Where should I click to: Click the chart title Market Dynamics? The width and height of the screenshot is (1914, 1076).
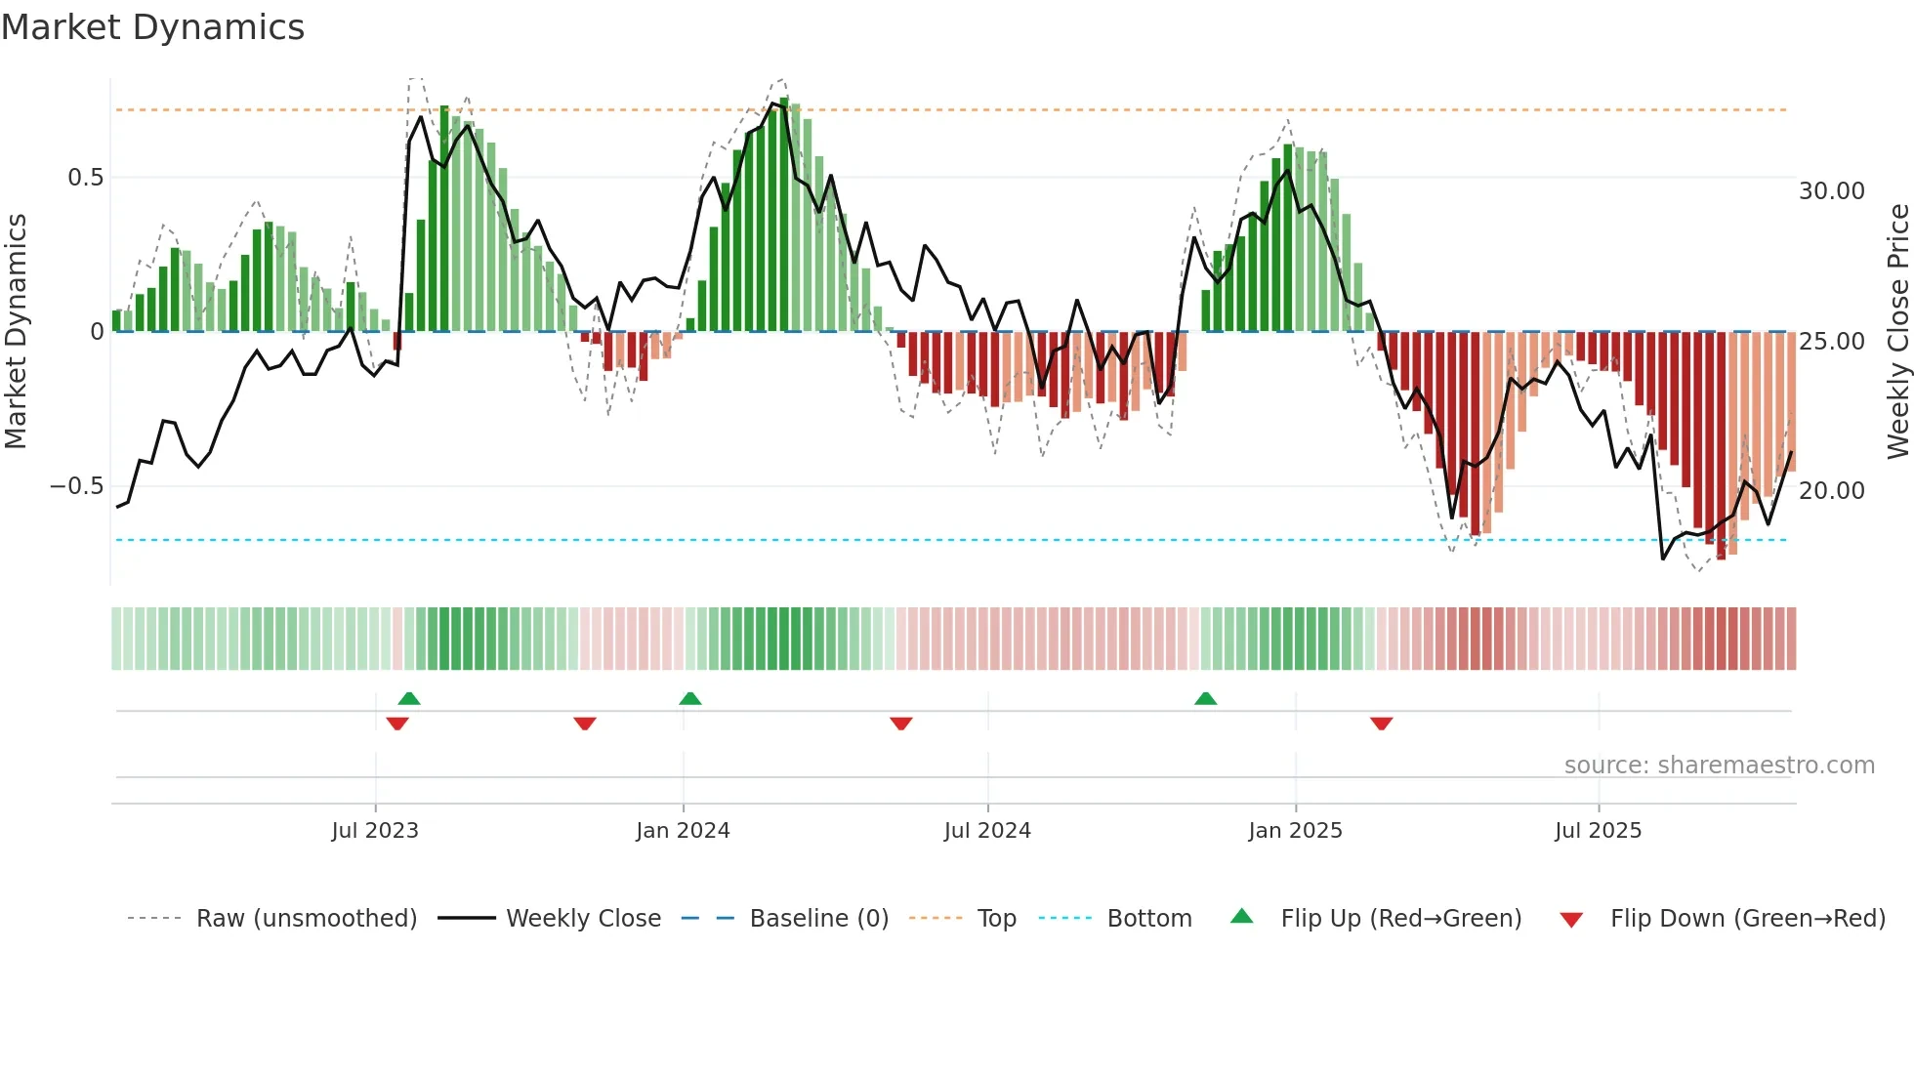point(153,27)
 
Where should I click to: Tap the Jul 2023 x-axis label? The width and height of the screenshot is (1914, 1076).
point(375,831)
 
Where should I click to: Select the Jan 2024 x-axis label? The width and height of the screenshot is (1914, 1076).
point(683,831)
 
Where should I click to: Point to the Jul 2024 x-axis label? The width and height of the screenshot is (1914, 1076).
point(987,831)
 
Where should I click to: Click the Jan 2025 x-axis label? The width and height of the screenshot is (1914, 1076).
point(1295,831)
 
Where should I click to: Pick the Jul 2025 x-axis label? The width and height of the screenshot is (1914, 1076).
point(1599,831)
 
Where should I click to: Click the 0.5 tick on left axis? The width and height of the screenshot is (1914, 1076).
point(85,178)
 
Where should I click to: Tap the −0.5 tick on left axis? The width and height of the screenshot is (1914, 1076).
point(76,486)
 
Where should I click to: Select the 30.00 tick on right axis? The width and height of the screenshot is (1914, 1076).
point(1832,191)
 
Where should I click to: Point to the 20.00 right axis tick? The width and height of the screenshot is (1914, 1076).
point(1832,491)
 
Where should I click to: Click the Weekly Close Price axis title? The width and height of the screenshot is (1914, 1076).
point(1897,332)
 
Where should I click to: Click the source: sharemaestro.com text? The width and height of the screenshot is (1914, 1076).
point(1719,766)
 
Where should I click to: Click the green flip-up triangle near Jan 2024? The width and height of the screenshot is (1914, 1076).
point(690,698)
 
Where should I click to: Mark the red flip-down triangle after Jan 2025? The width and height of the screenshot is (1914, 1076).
point(1381,724)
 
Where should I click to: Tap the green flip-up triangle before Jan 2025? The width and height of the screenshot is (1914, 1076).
point(1206,698)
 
